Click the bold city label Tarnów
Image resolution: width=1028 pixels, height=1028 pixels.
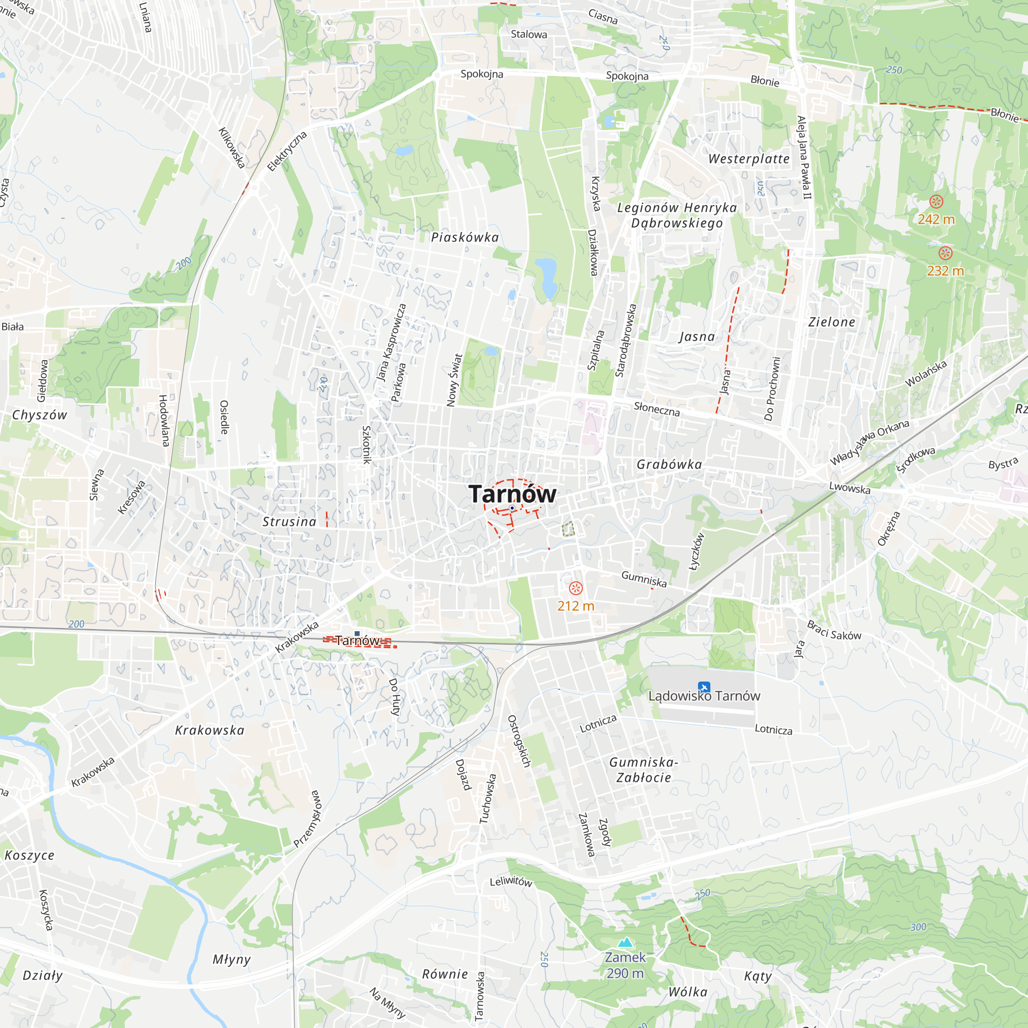tap(512, 494)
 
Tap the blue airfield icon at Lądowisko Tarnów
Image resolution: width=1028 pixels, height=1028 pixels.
tap(704, 687)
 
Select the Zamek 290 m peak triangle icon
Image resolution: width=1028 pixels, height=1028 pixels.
tap(626, 942)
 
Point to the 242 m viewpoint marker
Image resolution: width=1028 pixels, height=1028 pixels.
tap(936, 201)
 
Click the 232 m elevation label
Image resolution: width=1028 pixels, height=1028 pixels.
tap(945, 271)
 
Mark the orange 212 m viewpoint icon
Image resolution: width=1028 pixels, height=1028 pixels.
tap(576, 588)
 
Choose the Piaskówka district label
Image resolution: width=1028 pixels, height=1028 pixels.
tap(465, 237)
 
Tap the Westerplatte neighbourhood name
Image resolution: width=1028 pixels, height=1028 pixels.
tap(749, 159)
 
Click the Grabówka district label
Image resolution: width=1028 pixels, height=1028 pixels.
tap(669, 465)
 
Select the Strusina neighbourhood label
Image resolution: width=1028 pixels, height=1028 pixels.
tap(289, 522)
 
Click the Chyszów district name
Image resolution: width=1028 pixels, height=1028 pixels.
tap(40, 415)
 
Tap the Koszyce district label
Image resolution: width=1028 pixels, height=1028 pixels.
tap(30, 856)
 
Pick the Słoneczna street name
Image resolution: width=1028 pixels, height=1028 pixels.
tap(656, 409)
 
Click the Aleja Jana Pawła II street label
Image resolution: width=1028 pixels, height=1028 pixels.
tap(804, 157)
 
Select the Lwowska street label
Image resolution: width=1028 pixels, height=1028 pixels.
tap(850, 488)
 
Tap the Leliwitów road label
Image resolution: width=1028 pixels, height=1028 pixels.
tap(511, 882)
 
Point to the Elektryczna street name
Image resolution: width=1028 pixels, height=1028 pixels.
tap(287, 151)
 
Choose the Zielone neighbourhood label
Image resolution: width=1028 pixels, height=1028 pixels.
tap(832, 322)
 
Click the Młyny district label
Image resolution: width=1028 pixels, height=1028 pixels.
tap(231, 959)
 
